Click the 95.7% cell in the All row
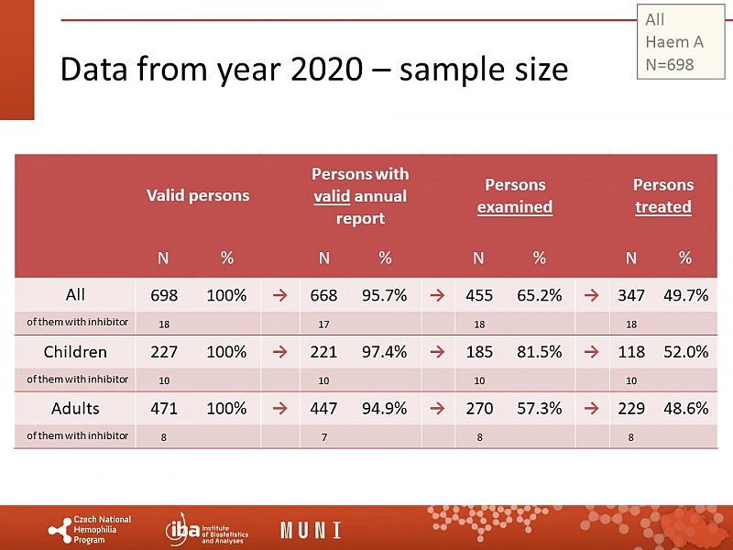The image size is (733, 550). pos(385,295)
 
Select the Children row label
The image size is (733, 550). pos(75,351)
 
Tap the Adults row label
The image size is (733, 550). pos(75,408)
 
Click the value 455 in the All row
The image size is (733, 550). pos(478,295)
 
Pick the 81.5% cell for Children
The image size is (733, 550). pos(539,352)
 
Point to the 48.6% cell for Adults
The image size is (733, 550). pos(685,409)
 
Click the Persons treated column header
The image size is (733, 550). pos(663,195)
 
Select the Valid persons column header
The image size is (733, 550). pos(198,194)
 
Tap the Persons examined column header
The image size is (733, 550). pos(515,195)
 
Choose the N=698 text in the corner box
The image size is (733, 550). pos(670,64)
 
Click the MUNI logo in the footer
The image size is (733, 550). pos(311,530)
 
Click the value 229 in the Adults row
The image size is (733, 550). pos(630,409)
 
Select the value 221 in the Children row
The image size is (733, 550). pos(323,352)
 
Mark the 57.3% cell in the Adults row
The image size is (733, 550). pos(539,409)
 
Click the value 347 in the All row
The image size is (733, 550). pos(630,295)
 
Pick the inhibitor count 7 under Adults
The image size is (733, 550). pos(323,437)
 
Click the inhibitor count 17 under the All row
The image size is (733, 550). pos(323,324)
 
